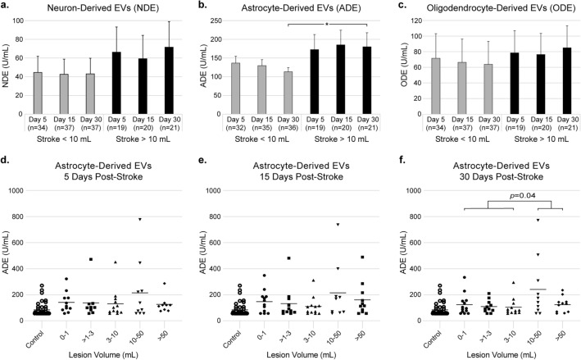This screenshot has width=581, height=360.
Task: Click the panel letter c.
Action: click(x=392, y=8)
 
